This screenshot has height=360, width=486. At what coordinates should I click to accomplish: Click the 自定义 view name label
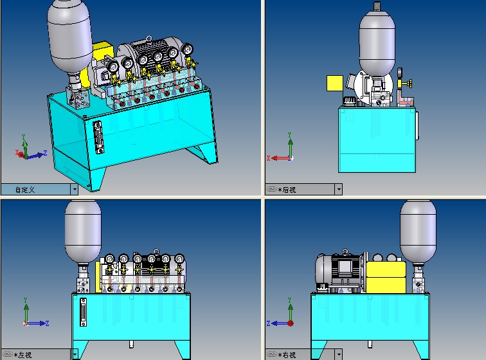25,190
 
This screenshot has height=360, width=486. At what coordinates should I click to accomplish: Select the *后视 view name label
287,190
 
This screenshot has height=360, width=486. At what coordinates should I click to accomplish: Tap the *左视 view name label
22,355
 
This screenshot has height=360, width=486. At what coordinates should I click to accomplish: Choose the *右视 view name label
287,355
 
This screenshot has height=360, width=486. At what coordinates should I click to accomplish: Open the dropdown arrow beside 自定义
75,190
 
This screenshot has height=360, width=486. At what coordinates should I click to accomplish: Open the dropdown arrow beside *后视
339,190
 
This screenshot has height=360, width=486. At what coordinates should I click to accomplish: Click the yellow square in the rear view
335,83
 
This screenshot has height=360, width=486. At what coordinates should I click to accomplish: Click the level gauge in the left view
83,312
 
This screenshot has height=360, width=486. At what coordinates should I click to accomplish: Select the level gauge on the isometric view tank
98,138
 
